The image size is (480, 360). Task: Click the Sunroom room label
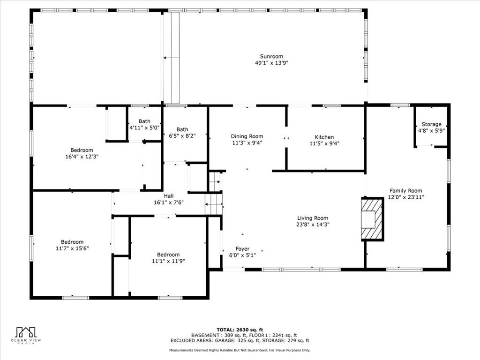click(x=271, y=56)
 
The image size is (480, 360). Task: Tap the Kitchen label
click(x=324, y=137)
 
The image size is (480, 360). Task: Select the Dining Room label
click(x=247, y=136)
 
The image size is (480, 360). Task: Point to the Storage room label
click(x=431, y=124)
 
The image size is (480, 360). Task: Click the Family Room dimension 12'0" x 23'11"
click(x=406, y=197)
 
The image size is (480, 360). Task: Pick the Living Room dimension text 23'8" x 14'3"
click(x=313, y=225)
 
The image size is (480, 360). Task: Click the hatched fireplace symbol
click(x=372, y=219)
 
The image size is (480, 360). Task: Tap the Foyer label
click(x=242, y=249)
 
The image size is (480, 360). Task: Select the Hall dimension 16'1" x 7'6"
click(x=169, y=202)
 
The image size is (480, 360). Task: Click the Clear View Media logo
click(x=26, y=336)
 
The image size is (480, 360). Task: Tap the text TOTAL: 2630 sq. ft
click(x=240, y=330)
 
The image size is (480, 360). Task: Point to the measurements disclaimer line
click(x=240, y=350)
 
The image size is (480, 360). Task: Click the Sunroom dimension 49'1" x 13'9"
click(x=272, y=63)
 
